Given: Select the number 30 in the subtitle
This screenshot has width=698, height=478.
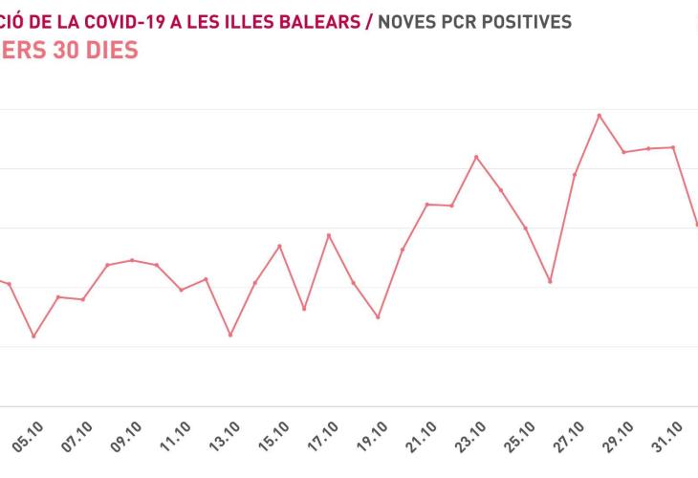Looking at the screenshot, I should coord(65,50).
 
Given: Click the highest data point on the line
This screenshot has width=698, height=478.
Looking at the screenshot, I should coord(600,116).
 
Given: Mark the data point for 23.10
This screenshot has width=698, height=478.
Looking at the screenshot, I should coord(476,157).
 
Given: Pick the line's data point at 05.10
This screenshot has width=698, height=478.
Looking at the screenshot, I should coord(33,337).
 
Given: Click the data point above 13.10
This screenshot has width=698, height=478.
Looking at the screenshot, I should coord(230,335).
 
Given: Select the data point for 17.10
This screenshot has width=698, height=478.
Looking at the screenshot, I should coord(329,235).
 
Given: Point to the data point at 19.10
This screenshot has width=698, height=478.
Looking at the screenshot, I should coord(378,316).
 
